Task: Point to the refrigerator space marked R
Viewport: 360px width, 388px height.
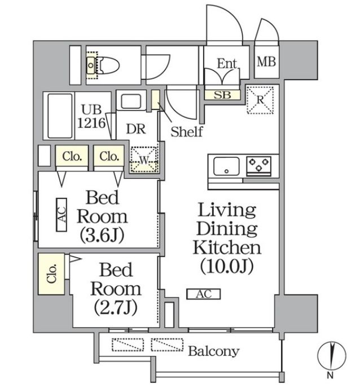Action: (261, 100)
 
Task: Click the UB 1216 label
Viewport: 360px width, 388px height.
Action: (94, 116)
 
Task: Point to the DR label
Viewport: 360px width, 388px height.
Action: (136, 129)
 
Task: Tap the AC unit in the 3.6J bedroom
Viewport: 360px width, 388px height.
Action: (62, 214)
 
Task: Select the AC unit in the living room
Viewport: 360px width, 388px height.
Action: (204, 294)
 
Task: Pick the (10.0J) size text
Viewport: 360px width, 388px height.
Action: (226, 265)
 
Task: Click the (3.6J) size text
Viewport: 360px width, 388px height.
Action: (102, 235)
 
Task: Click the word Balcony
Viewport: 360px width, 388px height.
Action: (213, 351)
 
